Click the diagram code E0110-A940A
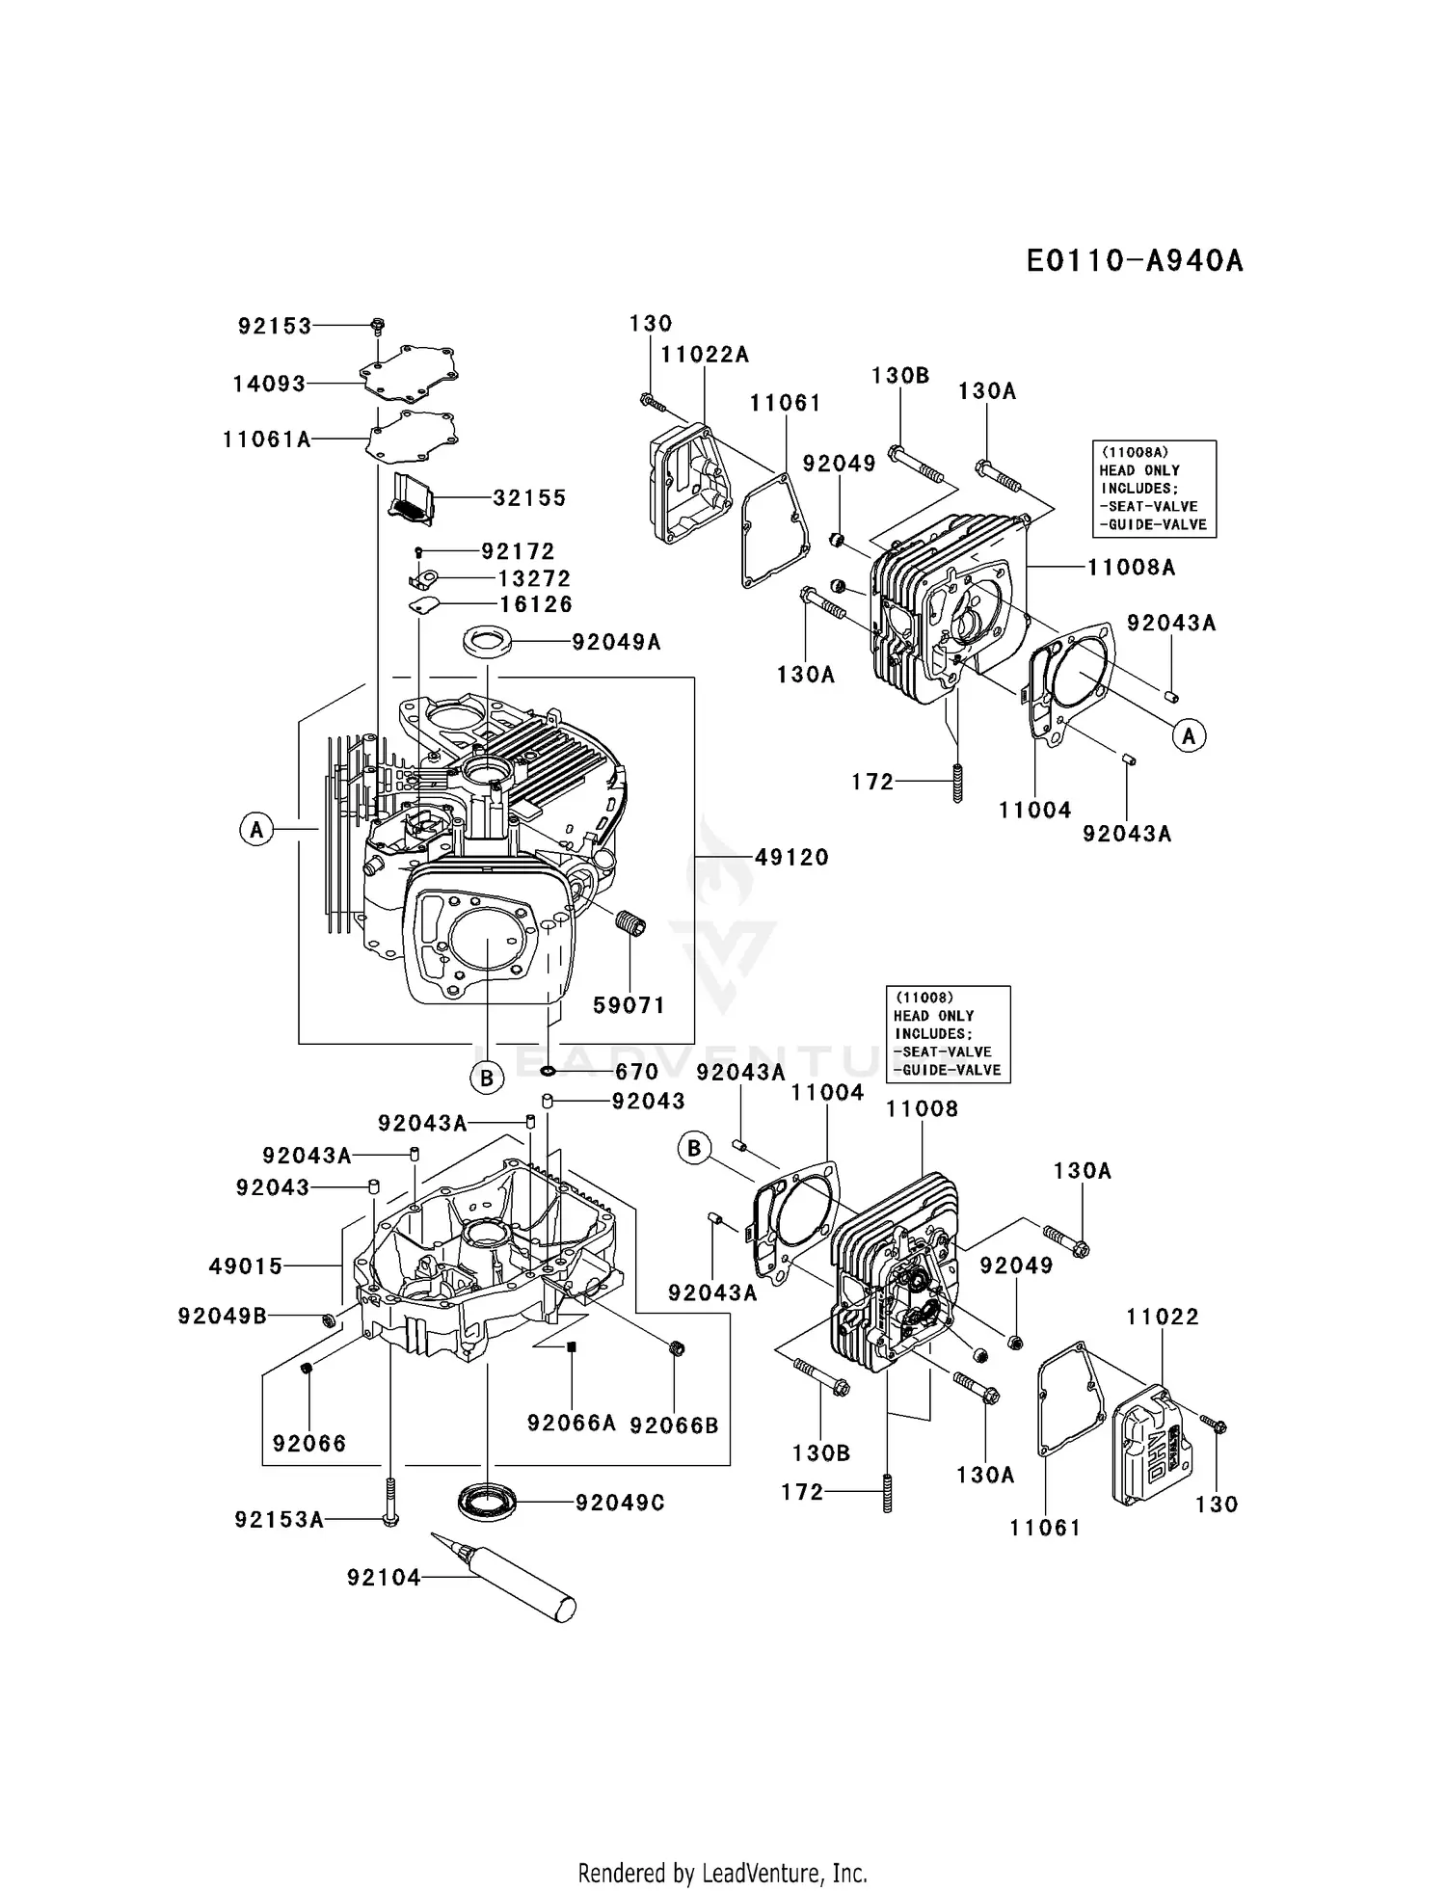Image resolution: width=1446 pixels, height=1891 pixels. (x=1134, y=261)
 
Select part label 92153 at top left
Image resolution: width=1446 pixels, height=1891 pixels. (x=275, y=327)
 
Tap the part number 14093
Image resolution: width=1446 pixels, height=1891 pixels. (x=269, y=385)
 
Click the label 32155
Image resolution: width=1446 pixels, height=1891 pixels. (x=529, y=498)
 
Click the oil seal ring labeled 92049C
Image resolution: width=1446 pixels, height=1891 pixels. (x=487, y=1502)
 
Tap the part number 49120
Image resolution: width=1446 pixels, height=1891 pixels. (x=791, y=857)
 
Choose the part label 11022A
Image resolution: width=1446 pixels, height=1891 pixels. (x=705, y=355)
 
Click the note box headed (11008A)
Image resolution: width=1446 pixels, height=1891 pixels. (x=1153, y=489)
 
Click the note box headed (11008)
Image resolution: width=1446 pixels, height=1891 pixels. (x=948, y=1034)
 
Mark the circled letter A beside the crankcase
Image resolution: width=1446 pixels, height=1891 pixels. (x=256, y=829)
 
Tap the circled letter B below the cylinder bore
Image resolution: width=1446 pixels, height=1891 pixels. (x=487, y=1078)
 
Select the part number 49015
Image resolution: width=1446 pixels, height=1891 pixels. (x=246, y=1266)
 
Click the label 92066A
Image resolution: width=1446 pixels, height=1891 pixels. (x=572, y=1423)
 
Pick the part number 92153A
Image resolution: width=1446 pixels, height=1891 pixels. (x=279, y=1520)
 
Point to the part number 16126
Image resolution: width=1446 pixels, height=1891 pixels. (x=535, y=604)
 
